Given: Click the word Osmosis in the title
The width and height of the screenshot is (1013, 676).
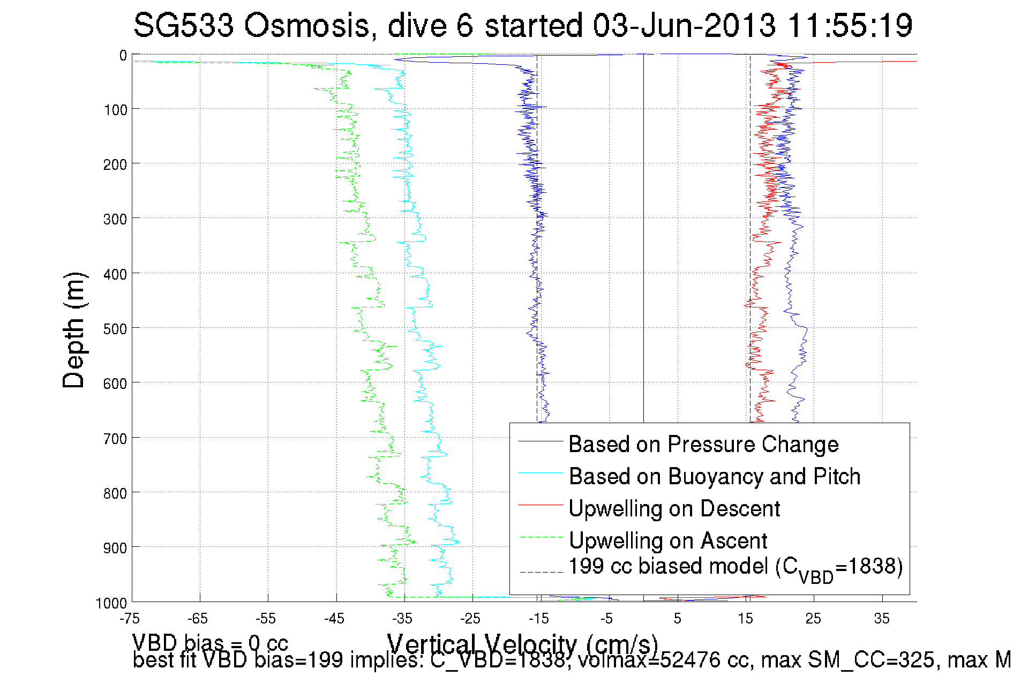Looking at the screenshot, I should (x=307, y=25).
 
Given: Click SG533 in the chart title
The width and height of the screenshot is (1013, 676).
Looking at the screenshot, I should (x=184, y=25).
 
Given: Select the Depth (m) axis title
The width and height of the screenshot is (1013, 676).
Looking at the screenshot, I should (x=74, y=330).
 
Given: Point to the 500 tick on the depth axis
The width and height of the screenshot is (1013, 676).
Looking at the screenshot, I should (x=115, y=329).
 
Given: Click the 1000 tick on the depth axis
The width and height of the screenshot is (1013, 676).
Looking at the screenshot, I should (x=111, y=603).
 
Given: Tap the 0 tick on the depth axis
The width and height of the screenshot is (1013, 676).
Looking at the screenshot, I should (x=123, y=56).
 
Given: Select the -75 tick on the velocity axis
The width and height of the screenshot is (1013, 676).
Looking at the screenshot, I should (x=130, y=619).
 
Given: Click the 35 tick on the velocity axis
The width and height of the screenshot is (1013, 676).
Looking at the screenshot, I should (x=882, y=619).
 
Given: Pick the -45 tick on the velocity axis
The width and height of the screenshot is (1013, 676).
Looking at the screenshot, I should (x=334, y=619).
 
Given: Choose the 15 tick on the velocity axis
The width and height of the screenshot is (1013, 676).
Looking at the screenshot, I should (x=745, y=619).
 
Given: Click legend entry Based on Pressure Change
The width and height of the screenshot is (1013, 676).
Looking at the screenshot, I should (x=703, y=444).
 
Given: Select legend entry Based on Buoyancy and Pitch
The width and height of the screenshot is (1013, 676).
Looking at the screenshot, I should (x=714, y=476).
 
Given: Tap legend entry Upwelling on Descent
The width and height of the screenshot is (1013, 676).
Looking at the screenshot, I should (x=674, y=508).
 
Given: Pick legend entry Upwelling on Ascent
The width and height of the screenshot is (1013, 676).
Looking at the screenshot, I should (x=667, y=540).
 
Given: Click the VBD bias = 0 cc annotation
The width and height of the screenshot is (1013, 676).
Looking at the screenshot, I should (x=210, y=643).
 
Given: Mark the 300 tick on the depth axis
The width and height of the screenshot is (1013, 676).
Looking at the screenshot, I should (x=115, y=219).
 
